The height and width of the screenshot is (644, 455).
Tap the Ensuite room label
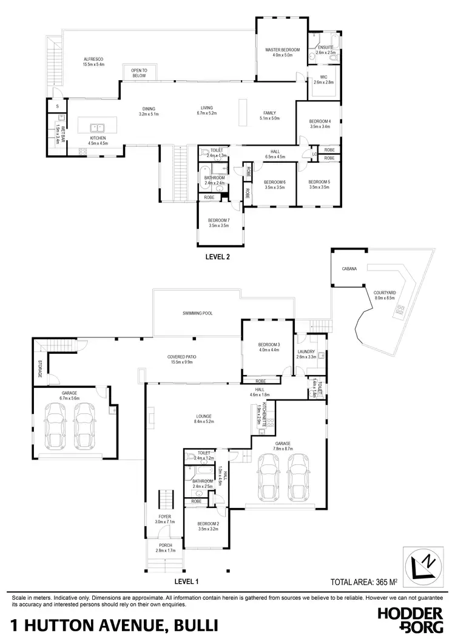pyautogui.click(x=326, y=48)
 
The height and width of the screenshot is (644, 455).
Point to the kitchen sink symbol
pyautogui.click(x=97, y=128)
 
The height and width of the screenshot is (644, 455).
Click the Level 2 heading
pyautogui.click(x=219, y=257)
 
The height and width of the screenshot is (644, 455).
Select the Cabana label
pyautogui.click(x=348, y=268)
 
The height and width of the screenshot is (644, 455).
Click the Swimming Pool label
pyautogui.click(x=197, y=313)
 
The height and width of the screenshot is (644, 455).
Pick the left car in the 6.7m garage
pyautogui.click(x=56, y=422)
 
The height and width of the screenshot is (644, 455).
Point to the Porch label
pyautogui.click(x=166, y=545)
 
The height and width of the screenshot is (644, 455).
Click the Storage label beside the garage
pyautogui.click(x=40, y=368)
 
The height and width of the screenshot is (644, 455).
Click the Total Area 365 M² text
pyautogui.click(x=363, y=581)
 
